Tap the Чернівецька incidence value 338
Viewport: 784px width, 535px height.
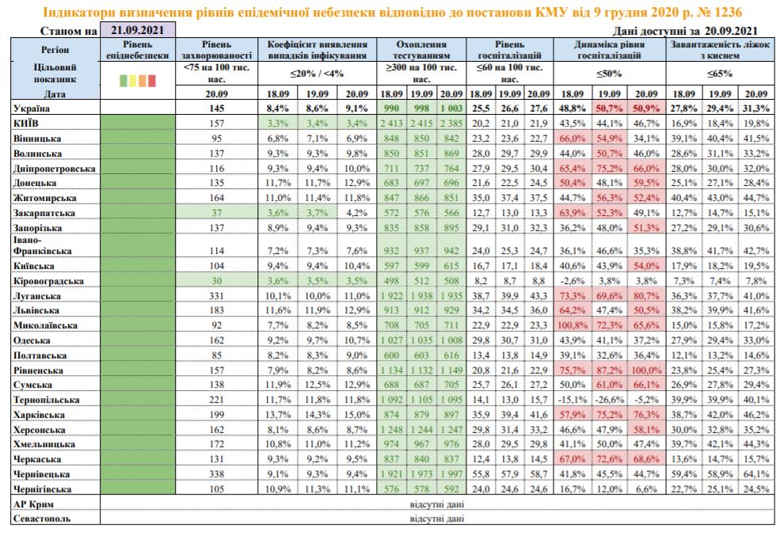coord(215,473)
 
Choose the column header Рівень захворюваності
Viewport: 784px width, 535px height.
coord(215,51)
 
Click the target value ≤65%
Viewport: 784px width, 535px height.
coord(721,74)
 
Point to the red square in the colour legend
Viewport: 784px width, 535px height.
coord(152,80)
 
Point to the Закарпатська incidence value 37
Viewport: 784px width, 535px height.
coord(215,213)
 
